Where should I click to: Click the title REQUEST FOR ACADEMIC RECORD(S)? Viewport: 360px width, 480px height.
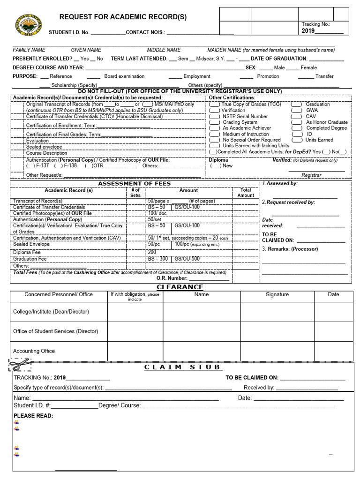(123, 17)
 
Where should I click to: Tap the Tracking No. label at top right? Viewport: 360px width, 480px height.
(316, 24)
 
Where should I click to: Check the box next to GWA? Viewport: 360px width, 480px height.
(296, 110)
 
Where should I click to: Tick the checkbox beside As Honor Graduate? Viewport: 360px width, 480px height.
(296, 122)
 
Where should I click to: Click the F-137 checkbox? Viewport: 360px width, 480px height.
(30, 165)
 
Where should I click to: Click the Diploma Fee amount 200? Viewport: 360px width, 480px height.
(152, 252)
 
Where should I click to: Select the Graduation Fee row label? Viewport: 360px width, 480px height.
(30, 259)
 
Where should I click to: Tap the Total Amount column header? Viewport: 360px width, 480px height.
(246, 193)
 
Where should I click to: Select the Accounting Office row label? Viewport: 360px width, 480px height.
(34, 351)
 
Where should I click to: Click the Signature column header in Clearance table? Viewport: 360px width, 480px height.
(277, 294)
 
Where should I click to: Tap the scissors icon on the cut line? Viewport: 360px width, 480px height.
(19, 364)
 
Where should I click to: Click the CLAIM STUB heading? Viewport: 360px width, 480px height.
(182, 367)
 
